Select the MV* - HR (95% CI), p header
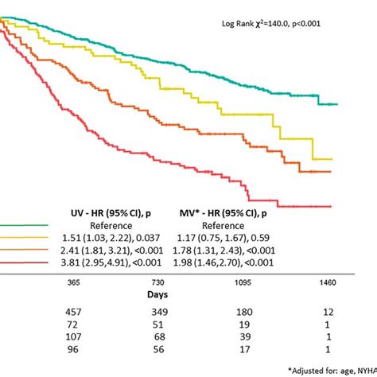pos(223,213)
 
